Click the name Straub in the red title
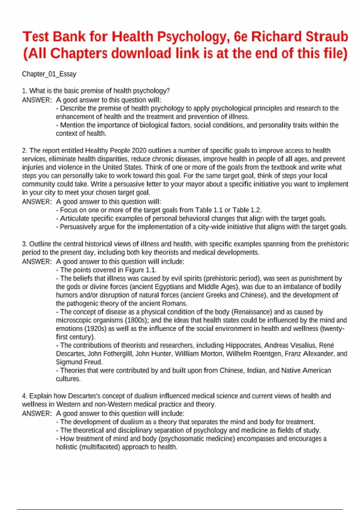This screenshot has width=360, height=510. point(327,37)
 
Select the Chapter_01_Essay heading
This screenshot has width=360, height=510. point(49,74)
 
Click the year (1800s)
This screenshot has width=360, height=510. point(135,320)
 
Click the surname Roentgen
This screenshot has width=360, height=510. point(267,354)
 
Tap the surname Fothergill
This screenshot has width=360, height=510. point(115,354)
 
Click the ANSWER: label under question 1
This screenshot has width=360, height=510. point(37,100)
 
